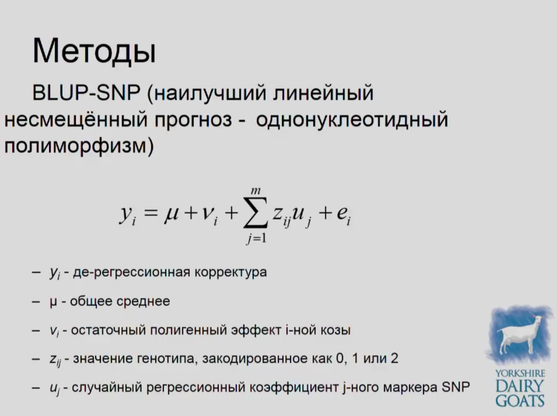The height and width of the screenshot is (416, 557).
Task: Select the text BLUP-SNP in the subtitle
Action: tap(86, 93)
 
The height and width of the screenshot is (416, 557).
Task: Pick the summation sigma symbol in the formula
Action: tap(256, 212)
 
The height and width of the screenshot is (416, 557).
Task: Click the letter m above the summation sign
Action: tap(256, 190)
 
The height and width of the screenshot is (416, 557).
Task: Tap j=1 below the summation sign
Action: tap(256, 238)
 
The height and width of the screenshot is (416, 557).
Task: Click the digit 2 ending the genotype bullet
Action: tap(394, 358)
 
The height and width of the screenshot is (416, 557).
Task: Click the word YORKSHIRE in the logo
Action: tap(520, 373)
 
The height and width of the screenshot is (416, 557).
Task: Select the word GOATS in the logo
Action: tap(520, 401)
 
